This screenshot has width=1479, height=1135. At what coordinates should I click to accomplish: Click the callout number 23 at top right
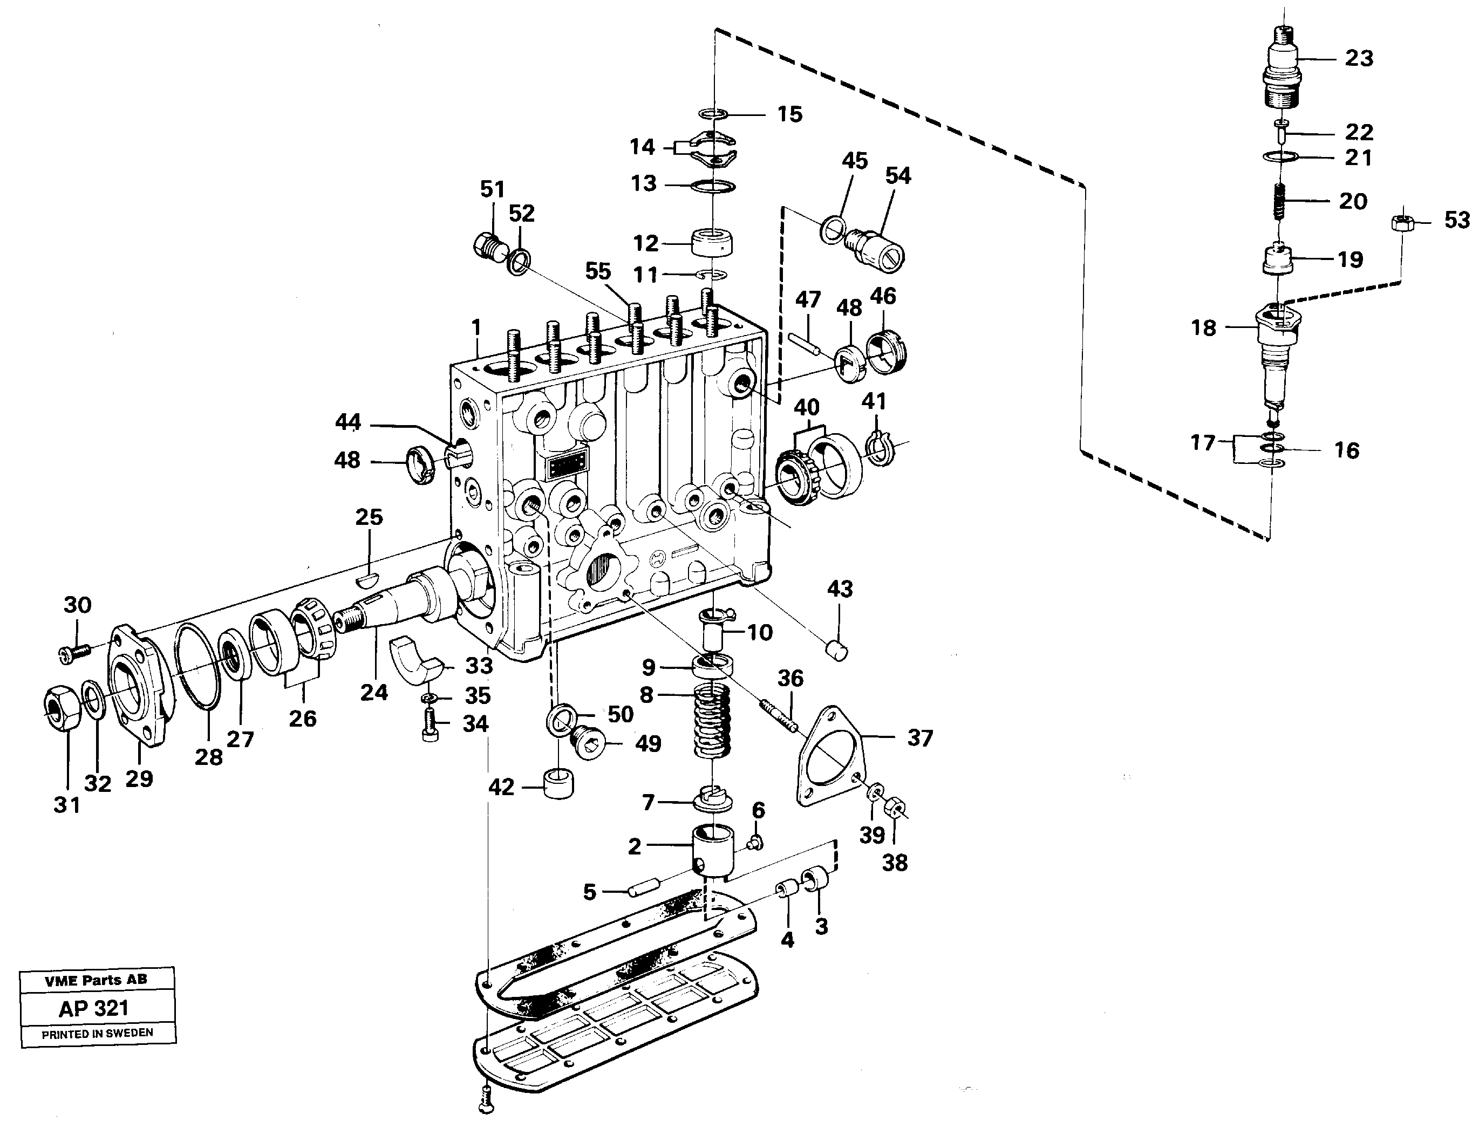point(1359,59)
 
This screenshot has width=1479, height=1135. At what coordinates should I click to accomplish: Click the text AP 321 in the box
point(94,1009)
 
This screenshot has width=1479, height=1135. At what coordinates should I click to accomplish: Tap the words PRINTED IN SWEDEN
point(97,1034)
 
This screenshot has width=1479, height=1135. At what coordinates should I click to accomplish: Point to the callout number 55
point(597,271)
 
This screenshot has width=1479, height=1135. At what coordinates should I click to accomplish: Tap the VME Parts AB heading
point(96,980)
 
